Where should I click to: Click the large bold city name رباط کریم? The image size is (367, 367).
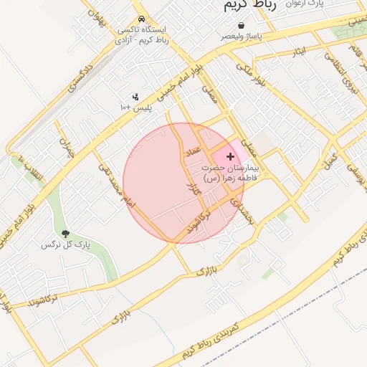tap(249, 5)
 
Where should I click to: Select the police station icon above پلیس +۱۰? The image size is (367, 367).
tap(135, 96)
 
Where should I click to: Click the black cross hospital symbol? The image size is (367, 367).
tap(230, 156)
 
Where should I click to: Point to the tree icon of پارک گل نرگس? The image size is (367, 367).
tap(66, 234)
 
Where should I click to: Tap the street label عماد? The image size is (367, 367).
tap(193, 153)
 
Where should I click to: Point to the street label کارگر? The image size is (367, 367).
tap(191, 191)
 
